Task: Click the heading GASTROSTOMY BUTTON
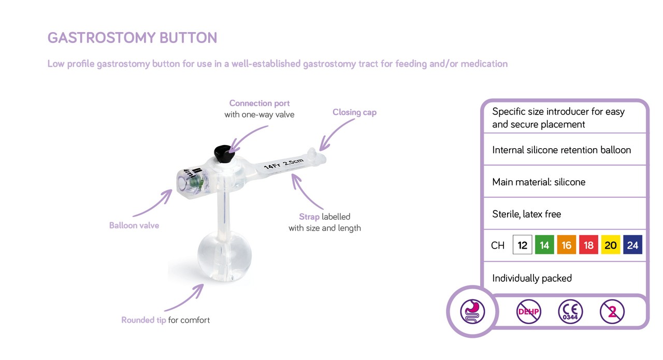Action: click(132, 38)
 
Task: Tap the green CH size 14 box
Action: click(544, 245)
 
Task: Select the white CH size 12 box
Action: click(522, 245)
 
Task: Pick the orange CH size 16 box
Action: click(567, 245)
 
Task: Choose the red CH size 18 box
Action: click(588, 245)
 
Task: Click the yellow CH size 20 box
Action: click(611, 245)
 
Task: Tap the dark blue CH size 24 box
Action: click(632, 245)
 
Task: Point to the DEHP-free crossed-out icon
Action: click(529, 312)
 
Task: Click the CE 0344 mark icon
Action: click(570, 312)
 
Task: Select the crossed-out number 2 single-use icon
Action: click(612, 312)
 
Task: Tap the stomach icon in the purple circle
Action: click(472, 312)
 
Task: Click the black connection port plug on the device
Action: click(223, 152)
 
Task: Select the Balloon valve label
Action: click(134, 225)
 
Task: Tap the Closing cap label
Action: click(354, 112)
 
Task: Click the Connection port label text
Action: click(260, 104)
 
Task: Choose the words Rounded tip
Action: click(143, 320)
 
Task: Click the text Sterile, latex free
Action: click(526, 214)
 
